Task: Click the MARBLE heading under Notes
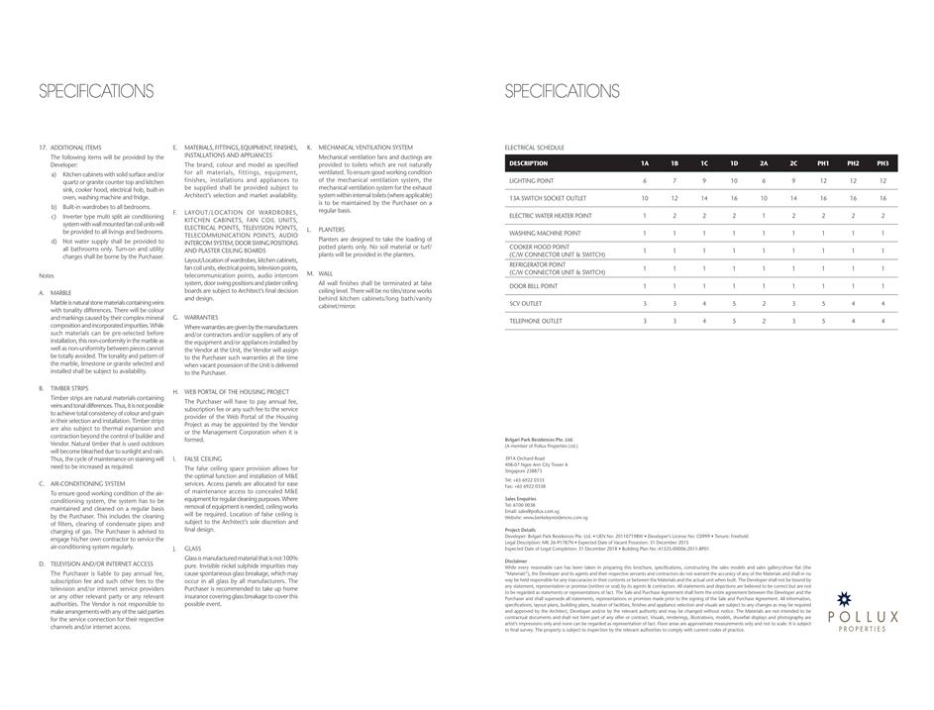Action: point(61,293)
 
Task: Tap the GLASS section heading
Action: point(192,548)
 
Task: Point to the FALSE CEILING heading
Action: point(203,458)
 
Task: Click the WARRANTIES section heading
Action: point(201,317)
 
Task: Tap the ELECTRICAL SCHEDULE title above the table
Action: point(534,148)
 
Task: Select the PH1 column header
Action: point(823,163)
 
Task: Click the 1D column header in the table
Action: point(734,163)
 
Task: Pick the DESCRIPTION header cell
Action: point(528,163)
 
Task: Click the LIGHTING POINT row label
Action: point(532,181)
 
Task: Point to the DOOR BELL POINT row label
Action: point(534,285)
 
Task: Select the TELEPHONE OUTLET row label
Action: point(536,321)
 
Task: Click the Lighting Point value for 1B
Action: point(675,181)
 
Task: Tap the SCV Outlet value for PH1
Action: point(823,303)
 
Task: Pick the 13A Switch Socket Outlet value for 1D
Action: point(734,198)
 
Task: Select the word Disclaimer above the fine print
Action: point(516,559)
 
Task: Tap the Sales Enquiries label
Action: point(520,498)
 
